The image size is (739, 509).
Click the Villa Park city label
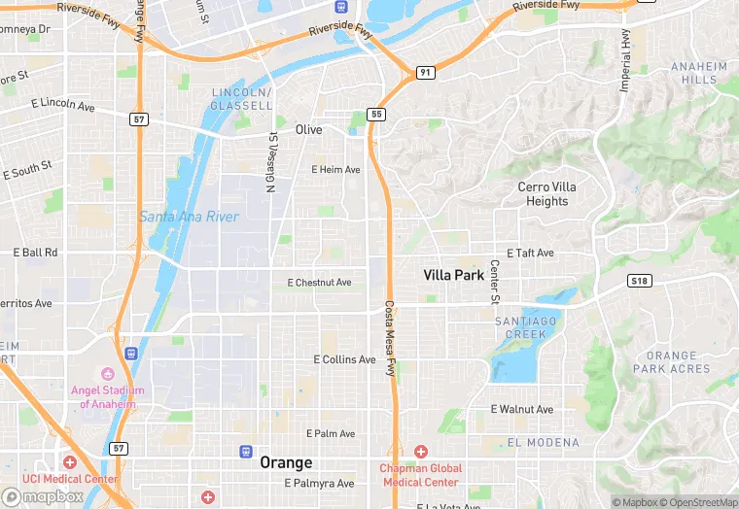click(453, 275)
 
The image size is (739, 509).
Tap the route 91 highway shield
click(425, 73)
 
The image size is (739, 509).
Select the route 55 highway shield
click(376, 115)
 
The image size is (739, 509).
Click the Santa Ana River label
click(188, 217)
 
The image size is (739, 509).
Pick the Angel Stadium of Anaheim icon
click(107, 374)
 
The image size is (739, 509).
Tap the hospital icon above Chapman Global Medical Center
click(420, 452)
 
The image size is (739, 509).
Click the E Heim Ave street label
click(335, 170)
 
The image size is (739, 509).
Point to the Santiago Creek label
click(525, 327)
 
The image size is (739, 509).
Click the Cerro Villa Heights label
click(546, 194)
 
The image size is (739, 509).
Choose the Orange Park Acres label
click(671, 362)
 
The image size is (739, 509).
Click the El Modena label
click(543, 443)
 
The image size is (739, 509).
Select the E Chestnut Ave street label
click(319, 283)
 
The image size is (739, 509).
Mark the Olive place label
click(308, 130)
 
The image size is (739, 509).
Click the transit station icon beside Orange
click(247, 451)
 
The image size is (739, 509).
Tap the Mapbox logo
click(43, 496)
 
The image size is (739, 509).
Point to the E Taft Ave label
click(530, 253)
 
